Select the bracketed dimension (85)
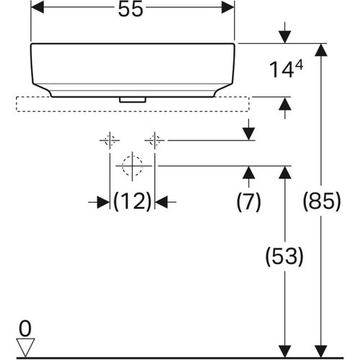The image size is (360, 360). [320, 202]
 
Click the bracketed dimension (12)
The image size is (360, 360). [132, 203]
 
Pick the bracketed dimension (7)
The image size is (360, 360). [248, 202]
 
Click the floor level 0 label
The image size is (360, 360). [25, 329]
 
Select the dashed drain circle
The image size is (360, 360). [132, 166]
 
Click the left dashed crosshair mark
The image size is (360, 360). [109, 140]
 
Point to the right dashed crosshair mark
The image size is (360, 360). [155, 140]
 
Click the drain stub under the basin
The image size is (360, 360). [132, 99]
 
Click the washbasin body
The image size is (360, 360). [133, 68]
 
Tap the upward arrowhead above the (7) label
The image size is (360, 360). [248, 171]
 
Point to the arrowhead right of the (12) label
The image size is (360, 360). [161, 203]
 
